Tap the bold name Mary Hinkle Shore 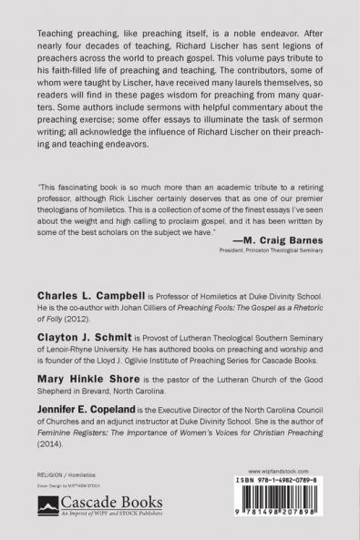coord(87,383)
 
